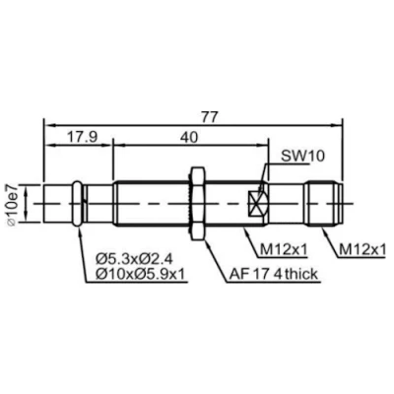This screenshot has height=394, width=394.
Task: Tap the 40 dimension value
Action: [x=187, y=138]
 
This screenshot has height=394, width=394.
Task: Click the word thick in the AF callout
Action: [x=296, y=275]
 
